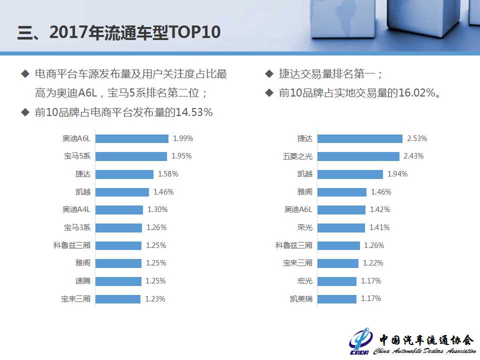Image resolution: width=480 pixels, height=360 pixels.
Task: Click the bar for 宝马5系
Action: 131,156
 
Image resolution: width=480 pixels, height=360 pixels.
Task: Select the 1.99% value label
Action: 183,138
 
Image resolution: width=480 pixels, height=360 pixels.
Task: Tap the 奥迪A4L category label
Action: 76,209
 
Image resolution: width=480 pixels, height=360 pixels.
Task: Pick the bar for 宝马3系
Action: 118,227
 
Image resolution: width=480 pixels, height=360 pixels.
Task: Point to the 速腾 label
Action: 83,281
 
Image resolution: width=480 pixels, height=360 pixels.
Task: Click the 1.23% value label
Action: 155,299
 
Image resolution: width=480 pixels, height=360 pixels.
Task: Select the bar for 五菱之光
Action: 358,156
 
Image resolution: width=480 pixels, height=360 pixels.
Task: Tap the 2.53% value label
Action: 417,138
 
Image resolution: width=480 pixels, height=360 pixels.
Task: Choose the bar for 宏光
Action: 337,281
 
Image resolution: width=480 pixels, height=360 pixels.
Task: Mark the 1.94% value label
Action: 397,174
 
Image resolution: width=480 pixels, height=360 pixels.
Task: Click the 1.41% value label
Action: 379,227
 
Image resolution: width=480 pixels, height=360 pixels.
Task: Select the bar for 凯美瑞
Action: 337,299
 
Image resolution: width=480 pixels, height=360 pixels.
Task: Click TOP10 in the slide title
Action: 195,32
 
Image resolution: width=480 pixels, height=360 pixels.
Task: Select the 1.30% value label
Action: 157,209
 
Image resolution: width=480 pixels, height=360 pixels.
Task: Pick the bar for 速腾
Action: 118,281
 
